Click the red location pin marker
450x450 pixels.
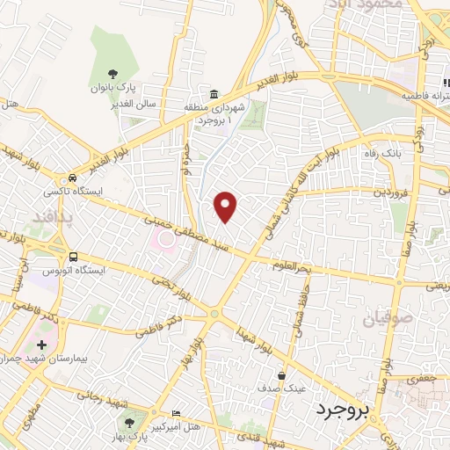point(227,206)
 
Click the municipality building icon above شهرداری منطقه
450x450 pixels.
point(213,94)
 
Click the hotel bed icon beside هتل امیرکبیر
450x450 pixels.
point(177,413)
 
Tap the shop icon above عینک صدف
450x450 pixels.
point(281,374)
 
